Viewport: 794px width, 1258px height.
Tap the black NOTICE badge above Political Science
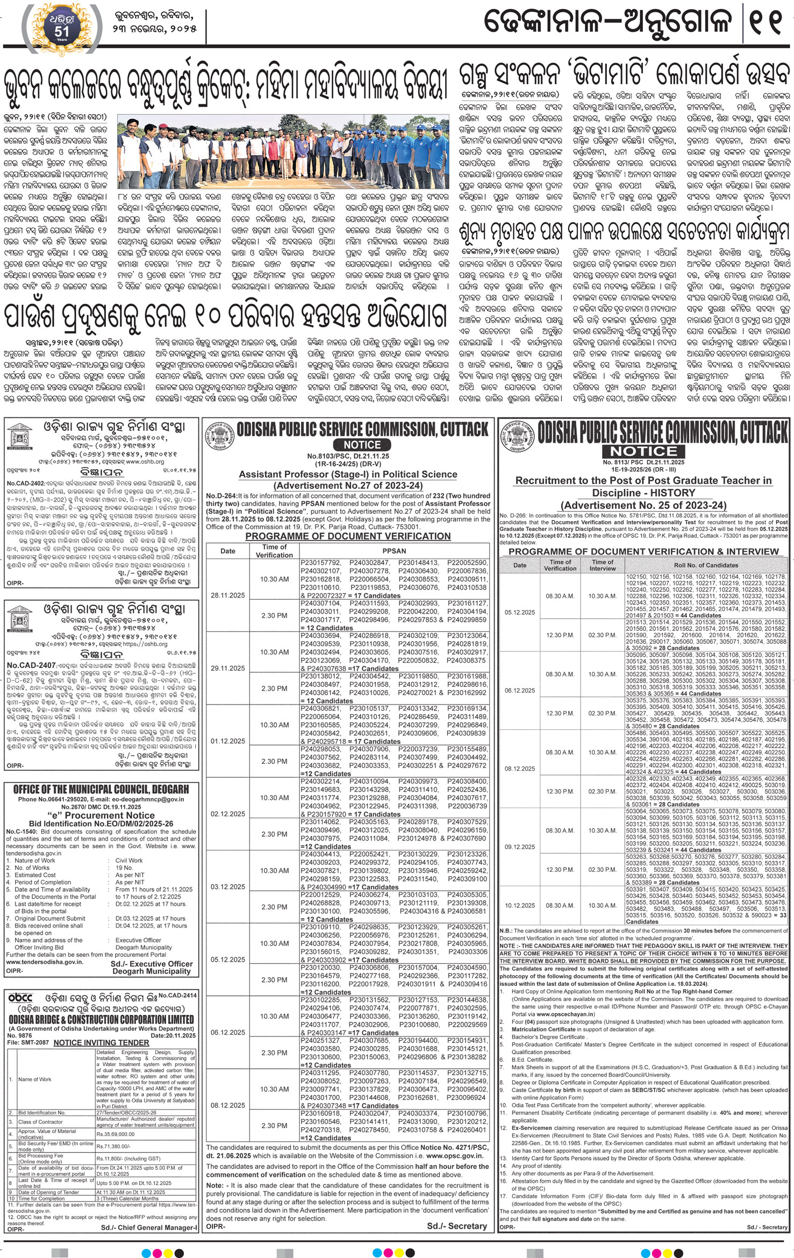(362, 445)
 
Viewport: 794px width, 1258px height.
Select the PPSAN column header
(394, 551)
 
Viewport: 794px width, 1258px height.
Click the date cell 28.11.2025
(228, 595)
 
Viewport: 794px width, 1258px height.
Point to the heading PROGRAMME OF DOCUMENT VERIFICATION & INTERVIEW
(643, 551)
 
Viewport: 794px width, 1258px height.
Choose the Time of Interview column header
(602, 565)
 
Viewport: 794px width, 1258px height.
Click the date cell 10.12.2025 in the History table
(519, 905)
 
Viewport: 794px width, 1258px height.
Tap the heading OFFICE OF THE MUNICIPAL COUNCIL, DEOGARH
(101, 790)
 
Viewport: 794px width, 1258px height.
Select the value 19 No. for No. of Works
(124, 868)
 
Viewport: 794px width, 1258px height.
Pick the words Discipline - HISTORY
(643, 493)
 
